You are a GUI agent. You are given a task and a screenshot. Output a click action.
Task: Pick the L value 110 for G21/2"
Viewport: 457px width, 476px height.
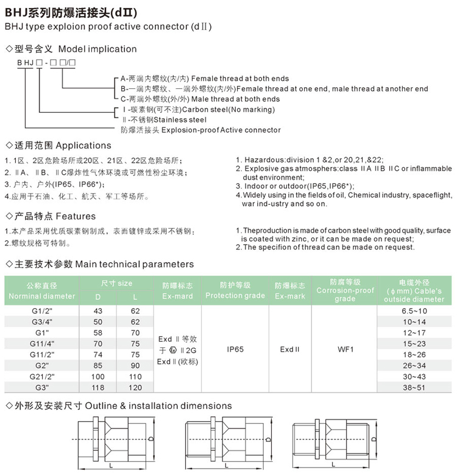(x=135, y=377)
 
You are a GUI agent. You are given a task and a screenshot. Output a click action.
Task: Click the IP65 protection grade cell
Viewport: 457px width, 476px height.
(x=235, y=349)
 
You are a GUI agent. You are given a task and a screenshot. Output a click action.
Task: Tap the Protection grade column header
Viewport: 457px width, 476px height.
(x=235, y=290)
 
